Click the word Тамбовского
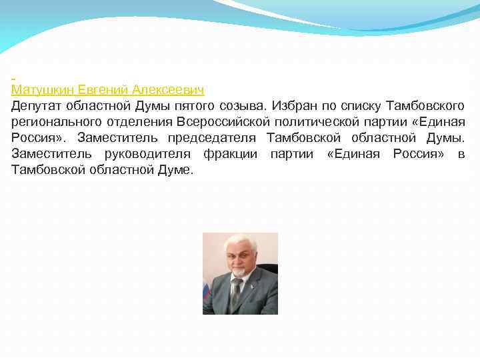425,106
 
